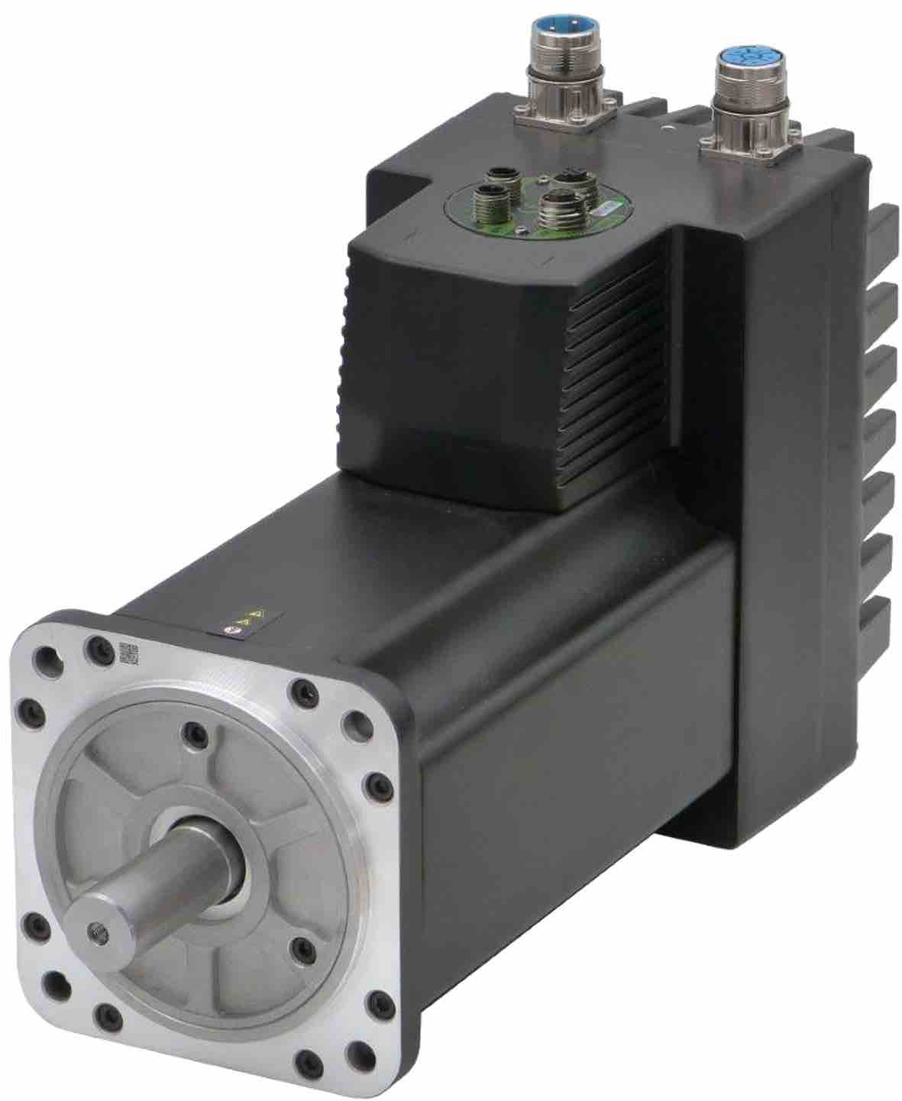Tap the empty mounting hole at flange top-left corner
click(x=50, y=656)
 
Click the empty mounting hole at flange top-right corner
click(x=356, y=720)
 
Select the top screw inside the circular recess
click(x=191, y=735)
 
